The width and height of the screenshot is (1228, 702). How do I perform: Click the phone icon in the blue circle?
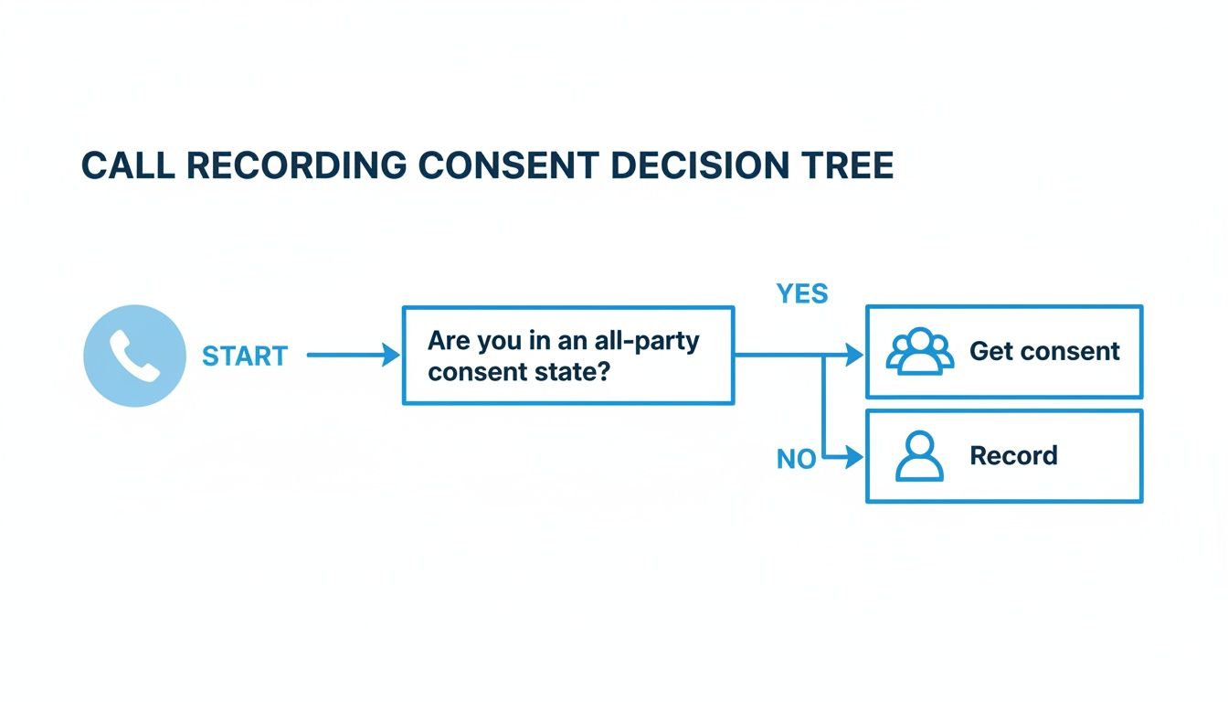pyautogui.click(x=134, y=356)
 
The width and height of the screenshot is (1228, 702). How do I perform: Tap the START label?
pyautogui.click(x=245, y=356)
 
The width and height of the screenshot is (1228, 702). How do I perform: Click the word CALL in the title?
pyautogui.click(x=128, y=165)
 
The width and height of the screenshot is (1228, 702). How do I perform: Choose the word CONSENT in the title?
pyautogui.click(x=509, y=165)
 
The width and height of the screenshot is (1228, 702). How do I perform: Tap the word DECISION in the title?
pyautogui.click(x=705, y=165)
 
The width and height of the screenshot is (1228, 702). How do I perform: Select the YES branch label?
pyautogui.click(x=801, y=293)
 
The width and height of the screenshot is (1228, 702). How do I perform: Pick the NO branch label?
pyautogui.click(x=796, y=459)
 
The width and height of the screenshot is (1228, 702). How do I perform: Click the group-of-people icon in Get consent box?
pyautogui.click(x=920, y=352)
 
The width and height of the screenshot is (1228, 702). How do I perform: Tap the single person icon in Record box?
pyautogui.click(x=919, y=456)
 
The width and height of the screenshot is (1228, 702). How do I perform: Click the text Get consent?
pyautogui.click(x=1044, y=352)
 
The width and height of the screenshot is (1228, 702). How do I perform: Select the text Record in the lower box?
pyautogui.click(x=1013, y=455)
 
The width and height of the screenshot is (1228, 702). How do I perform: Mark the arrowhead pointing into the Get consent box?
pyautogui.click(x=855, y=356)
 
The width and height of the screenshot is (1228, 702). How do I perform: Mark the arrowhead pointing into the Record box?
pyautogui.click(x=855, y=456)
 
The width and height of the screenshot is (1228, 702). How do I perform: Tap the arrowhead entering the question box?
pyautogui.click(x=391, y=356)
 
